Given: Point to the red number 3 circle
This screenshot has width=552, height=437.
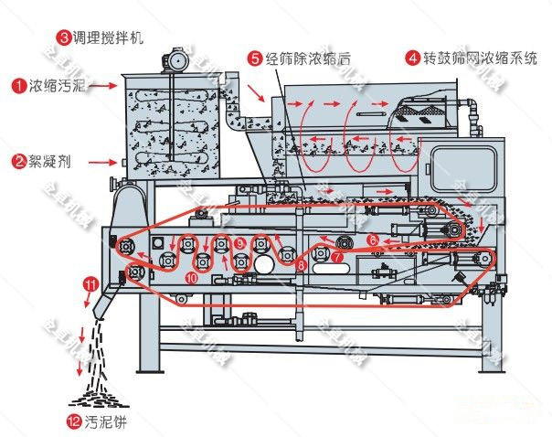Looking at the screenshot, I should (x=64, y=37).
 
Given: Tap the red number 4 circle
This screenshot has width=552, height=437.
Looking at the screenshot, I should (x=413, y=58).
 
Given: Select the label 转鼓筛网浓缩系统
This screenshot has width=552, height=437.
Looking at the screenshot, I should (x=480, y=58).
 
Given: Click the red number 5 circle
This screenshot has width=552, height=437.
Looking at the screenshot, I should (x=255, y=58).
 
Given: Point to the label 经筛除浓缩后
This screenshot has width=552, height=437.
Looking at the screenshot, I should (x=300, y=58).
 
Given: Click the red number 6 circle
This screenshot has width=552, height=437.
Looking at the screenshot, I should (x=372, y=240).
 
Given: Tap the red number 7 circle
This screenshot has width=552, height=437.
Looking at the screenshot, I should (x=336, y=257).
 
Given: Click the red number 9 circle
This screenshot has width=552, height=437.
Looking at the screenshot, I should (x=239, y=243).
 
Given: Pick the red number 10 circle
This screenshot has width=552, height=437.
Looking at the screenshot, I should (x=191, y=274).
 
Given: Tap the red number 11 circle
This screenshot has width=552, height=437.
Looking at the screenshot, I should (x=90, y=284).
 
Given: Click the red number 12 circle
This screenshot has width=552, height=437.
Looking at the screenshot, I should (x=74, y=422).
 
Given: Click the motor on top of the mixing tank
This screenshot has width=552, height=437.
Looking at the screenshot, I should (x=171, y=57).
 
